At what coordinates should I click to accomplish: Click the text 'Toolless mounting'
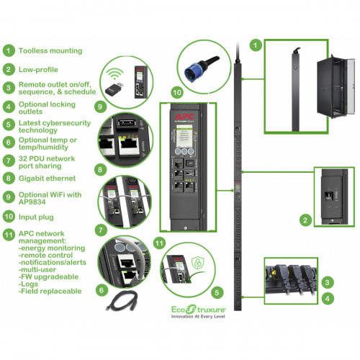coord(50,51)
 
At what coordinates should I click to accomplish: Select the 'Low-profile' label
coord(39,70)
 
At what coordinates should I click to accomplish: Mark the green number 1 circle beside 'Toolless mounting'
coord(9,51)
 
